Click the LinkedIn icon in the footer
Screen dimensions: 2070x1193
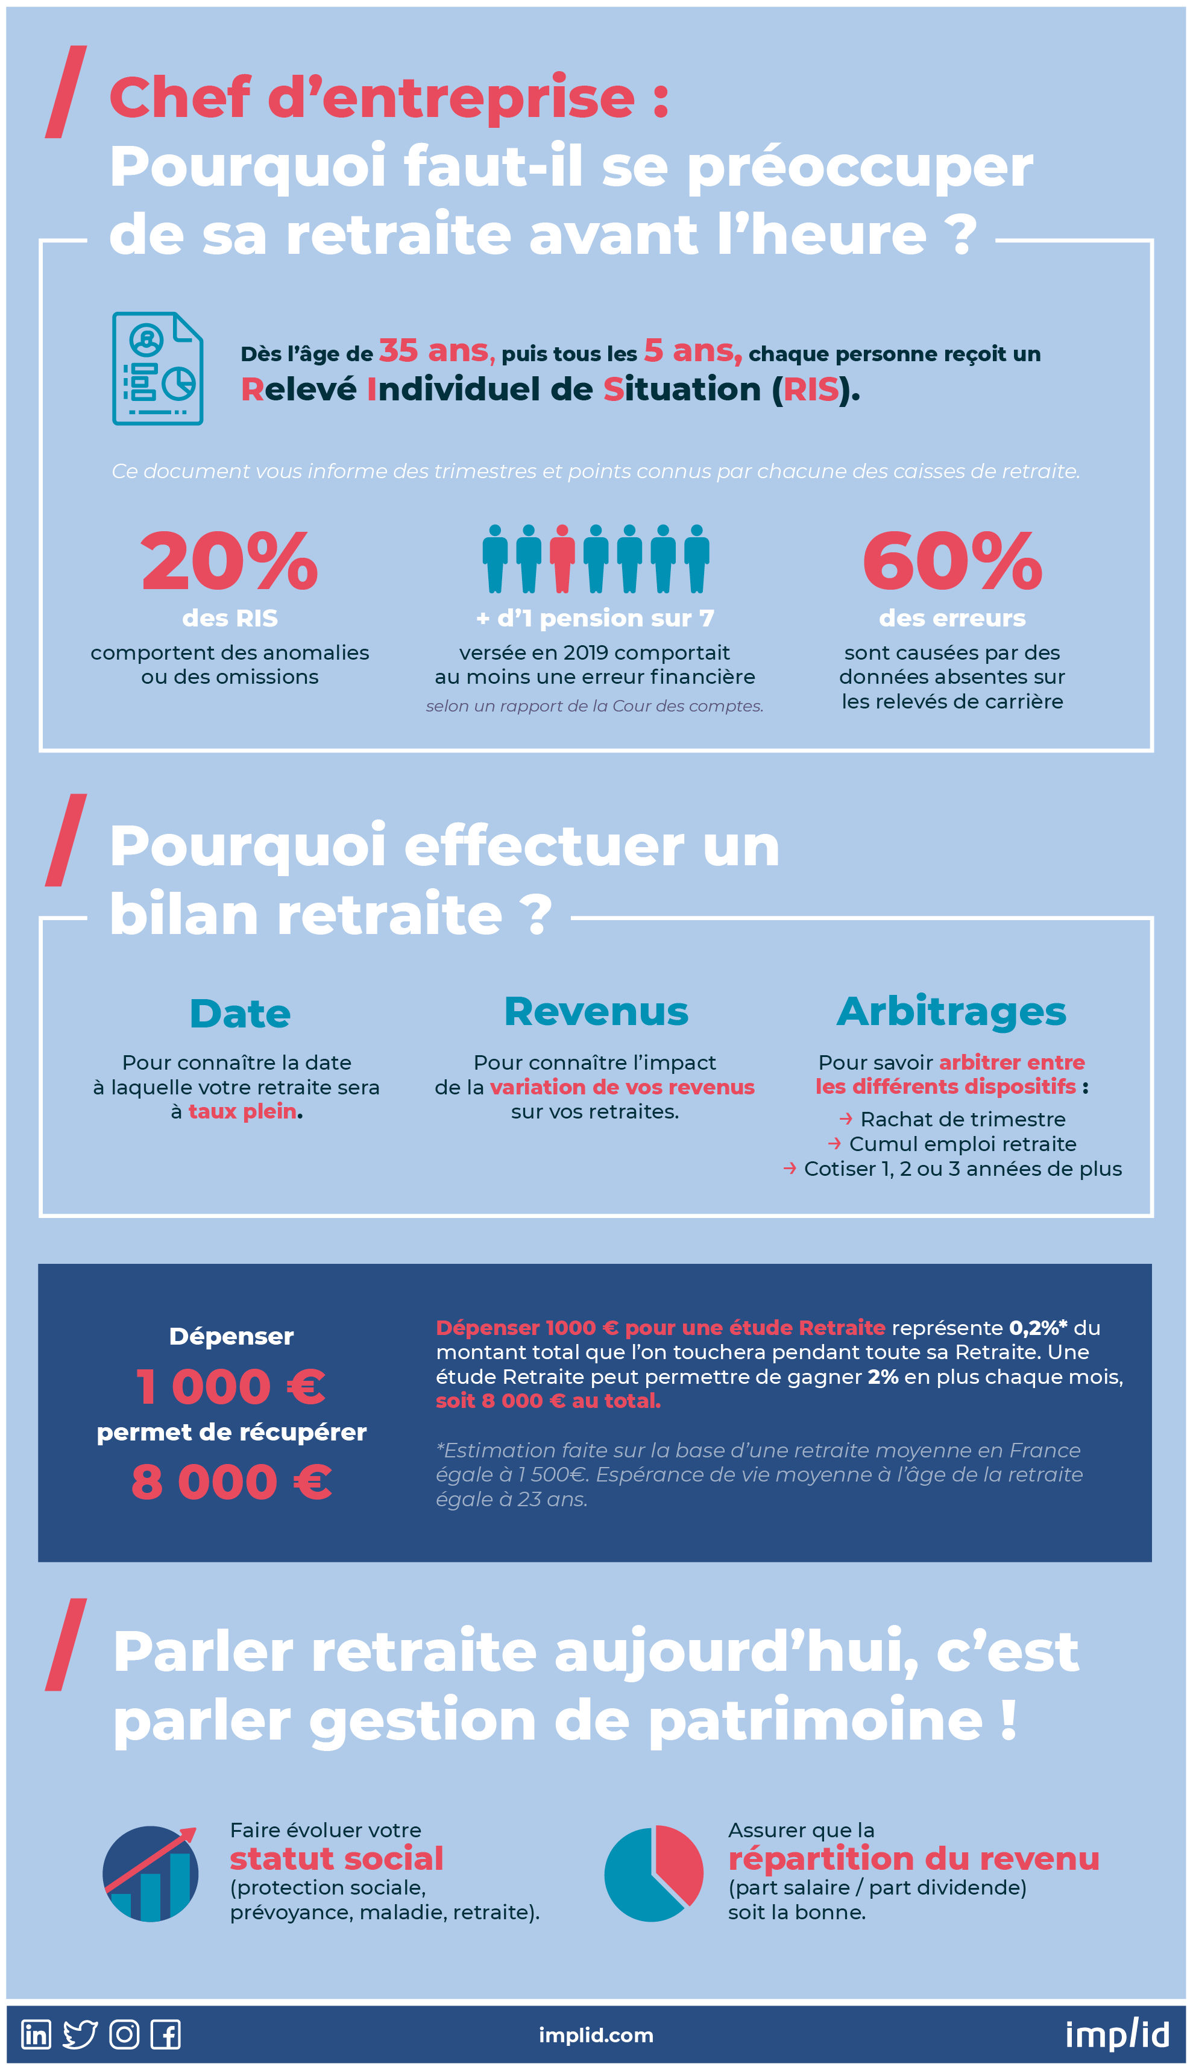[36, 2034]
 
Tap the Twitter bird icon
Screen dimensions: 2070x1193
[80, 2034]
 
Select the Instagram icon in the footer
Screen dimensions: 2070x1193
[125, 2034]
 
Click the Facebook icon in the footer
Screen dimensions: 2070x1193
[166, 2034]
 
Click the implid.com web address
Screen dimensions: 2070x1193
[596, 2035]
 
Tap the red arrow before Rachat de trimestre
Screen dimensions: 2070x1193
[846, 1119]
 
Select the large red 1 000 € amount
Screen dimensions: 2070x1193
[231, 1387]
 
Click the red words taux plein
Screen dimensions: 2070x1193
[242, 1111]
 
